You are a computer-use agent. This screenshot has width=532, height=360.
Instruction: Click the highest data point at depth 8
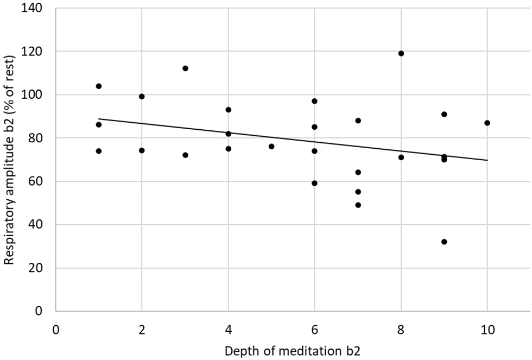[x=401, y=53]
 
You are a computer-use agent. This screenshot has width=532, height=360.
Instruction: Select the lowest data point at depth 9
[x=444, y=242]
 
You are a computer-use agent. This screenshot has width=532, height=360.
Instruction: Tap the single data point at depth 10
[x=487, y=123]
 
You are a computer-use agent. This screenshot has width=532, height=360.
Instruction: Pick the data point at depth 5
[x=271, y=146]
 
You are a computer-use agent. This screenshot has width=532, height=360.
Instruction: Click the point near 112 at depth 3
[x=185, y=68]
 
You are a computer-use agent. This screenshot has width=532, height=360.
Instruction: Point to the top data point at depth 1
[x=99, y=86]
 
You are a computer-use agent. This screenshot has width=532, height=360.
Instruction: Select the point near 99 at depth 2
[x=142, y=97]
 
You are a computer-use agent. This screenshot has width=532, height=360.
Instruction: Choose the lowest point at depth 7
[x=358, y=205]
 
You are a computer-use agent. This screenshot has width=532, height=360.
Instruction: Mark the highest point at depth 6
[x=314, y=101]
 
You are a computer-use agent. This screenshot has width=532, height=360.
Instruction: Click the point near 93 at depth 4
[x=229, y=110]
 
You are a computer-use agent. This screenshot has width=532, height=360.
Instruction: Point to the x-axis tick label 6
[x=314, y=329]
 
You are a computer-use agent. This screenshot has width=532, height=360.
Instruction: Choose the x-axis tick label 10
[x=487, y=329]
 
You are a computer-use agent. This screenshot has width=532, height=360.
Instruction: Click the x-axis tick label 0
[x=55, y=329]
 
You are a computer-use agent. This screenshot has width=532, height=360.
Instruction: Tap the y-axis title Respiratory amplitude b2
[x=9, y=159]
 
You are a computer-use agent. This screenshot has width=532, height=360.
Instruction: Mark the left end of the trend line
[x=99, y=118]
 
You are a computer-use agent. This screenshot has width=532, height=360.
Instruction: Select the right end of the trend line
[x=487, y=160]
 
